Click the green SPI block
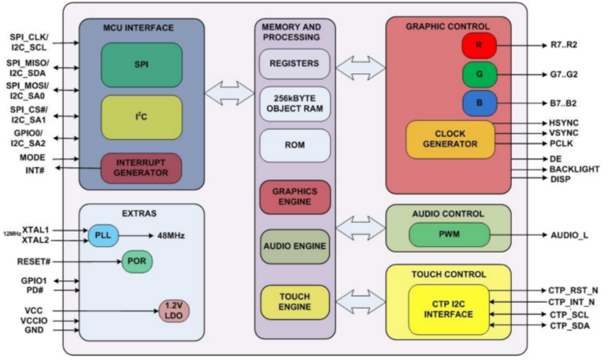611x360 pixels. (142, 65)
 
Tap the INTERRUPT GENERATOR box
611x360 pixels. (142, 168)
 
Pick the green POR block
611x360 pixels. (137, 261)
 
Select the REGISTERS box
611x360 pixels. (295, 64)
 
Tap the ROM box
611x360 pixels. (295, 145)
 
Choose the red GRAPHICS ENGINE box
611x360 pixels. (295, 197)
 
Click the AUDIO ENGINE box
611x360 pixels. (295, 246)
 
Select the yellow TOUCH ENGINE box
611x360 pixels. (295, 302)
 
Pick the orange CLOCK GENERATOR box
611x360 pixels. (450, 140)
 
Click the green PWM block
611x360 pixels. (449, 235)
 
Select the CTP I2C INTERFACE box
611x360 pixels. (449, 310)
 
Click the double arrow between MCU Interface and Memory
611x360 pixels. (229, 93)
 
